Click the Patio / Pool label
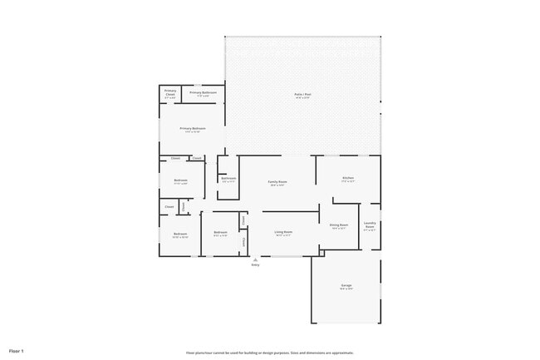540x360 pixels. point(302,94)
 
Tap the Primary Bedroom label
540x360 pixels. point(193,128)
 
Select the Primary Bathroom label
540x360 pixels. point(203,92)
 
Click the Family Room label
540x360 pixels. point(277,181)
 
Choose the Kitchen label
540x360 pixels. point(348,178)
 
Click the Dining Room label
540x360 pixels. point(338,224)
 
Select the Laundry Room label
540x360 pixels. point(370,224)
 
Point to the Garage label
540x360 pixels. point(346,285)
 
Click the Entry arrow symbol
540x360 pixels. point(255,259)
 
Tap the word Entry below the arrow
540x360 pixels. point(255,265)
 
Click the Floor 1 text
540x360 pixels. point(16,352)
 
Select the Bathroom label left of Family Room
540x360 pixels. point(228,178)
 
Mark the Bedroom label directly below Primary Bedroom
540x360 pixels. point(180,180)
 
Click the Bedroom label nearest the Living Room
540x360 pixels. point(220,232)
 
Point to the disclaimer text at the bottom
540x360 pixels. point(270,353)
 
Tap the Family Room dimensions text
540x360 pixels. point(277,185)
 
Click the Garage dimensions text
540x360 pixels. point(346,289)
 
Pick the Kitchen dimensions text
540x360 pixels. point(348,181)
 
